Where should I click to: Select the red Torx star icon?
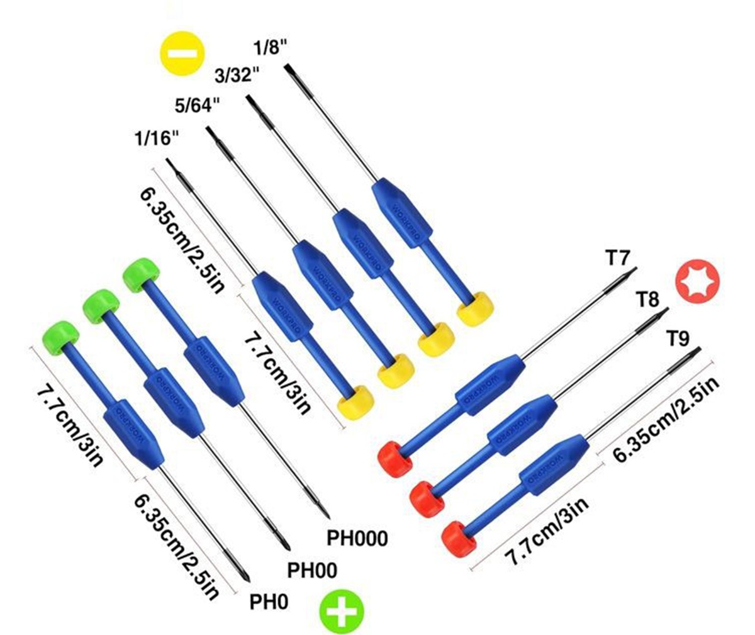tap(697, 280)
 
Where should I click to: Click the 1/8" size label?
tap(271, 48)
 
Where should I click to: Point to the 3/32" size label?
tap(237, 76)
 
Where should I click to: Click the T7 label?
tap(618, 257)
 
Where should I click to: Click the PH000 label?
tap(357, 538)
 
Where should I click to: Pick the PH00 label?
tap(312, 570)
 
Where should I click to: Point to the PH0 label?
tap(269, 602)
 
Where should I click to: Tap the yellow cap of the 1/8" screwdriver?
tap(475, 308)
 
